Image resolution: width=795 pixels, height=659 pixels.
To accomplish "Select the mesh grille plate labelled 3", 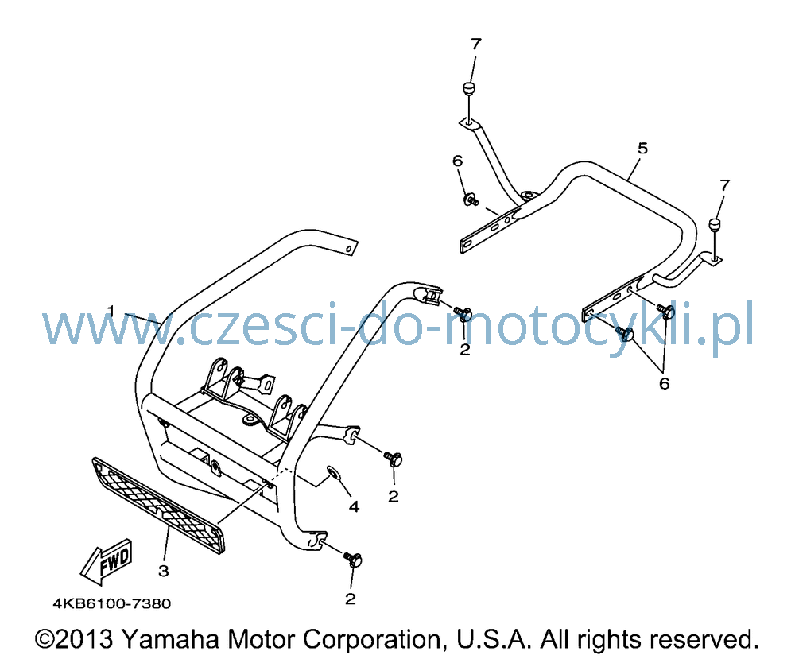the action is click(x=157, y=505).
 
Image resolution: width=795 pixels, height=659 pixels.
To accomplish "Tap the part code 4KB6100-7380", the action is click(x=112, y=603).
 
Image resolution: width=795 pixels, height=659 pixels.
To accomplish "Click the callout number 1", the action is click(x=111, y=310).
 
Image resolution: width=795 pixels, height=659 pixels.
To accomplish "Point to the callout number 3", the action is click(x=163, y=572).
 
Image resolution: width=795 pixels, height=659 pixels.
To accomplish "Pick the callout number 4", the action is click(x=354, y=506).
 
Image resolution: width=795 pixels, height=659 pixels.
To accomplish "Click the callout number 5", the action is click(x=643, y=149).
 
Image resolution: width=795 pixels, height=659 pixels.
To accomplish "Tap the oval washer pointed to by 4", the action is click(x=333, y=473).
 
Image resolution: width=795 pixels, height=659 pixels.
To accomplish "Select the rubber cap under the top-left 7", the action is click(x=469, y=88).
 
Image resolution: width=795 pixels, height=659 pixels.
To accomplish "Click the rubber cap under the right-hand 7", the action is click(x=715, y=224).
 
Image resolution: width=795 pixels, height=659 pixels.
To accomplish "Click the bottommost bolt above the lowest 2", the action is click(x=354, y=560).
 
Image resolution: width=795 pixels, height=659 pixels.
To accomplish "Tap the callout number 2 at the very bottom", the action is click(x=351, y=599).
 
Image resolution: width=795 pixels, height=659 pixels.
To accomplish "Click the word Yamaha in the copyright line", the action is click(x=171, y=640).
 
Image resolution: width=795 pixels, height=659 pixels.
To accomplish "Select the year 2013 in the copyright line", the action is click(x=83, y=640).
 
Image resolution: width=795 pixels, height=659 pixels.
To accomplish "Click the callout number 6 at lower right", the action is click(x=664, y=384).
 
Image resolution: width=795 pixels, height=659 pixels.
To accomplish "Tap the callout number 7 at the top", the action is click(x=475, y=45).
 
